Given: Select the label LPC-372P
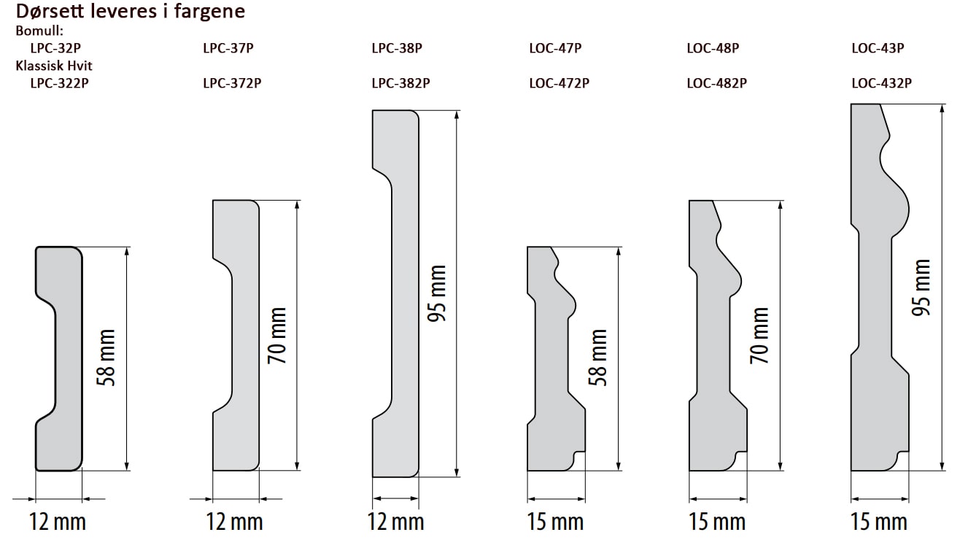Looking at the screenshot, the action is [232, 82].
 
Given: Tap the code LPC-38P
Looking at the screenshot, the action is [397, 47].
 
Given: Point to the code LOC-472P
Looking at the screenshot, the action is [560, 82].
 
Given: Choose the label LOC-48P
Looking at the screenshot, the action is [713, 47].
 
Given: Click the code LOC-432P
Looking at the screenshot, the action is [881, 82].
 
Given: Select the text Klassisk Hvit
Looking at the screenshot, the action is [54, 66].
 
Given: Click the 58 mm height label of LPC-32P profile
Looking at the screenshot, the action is [107, 358].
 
